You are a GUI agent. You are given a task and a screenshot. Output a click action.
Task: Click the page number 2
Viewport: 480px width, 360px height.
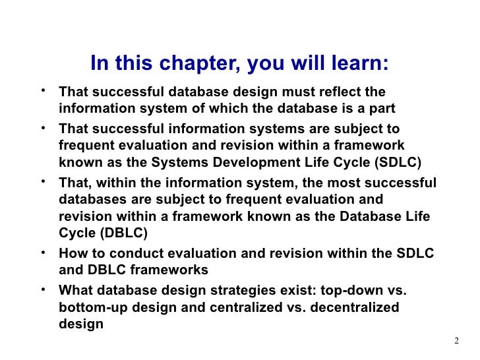(456, 341)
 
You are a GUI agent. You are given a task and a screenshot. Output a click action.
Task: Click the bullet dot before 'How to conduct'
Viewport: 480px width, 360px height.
(43, 253)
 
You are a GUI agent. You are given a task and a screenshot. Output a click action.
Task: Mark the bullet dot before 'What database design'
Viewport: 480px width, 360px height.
(43, 289)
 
